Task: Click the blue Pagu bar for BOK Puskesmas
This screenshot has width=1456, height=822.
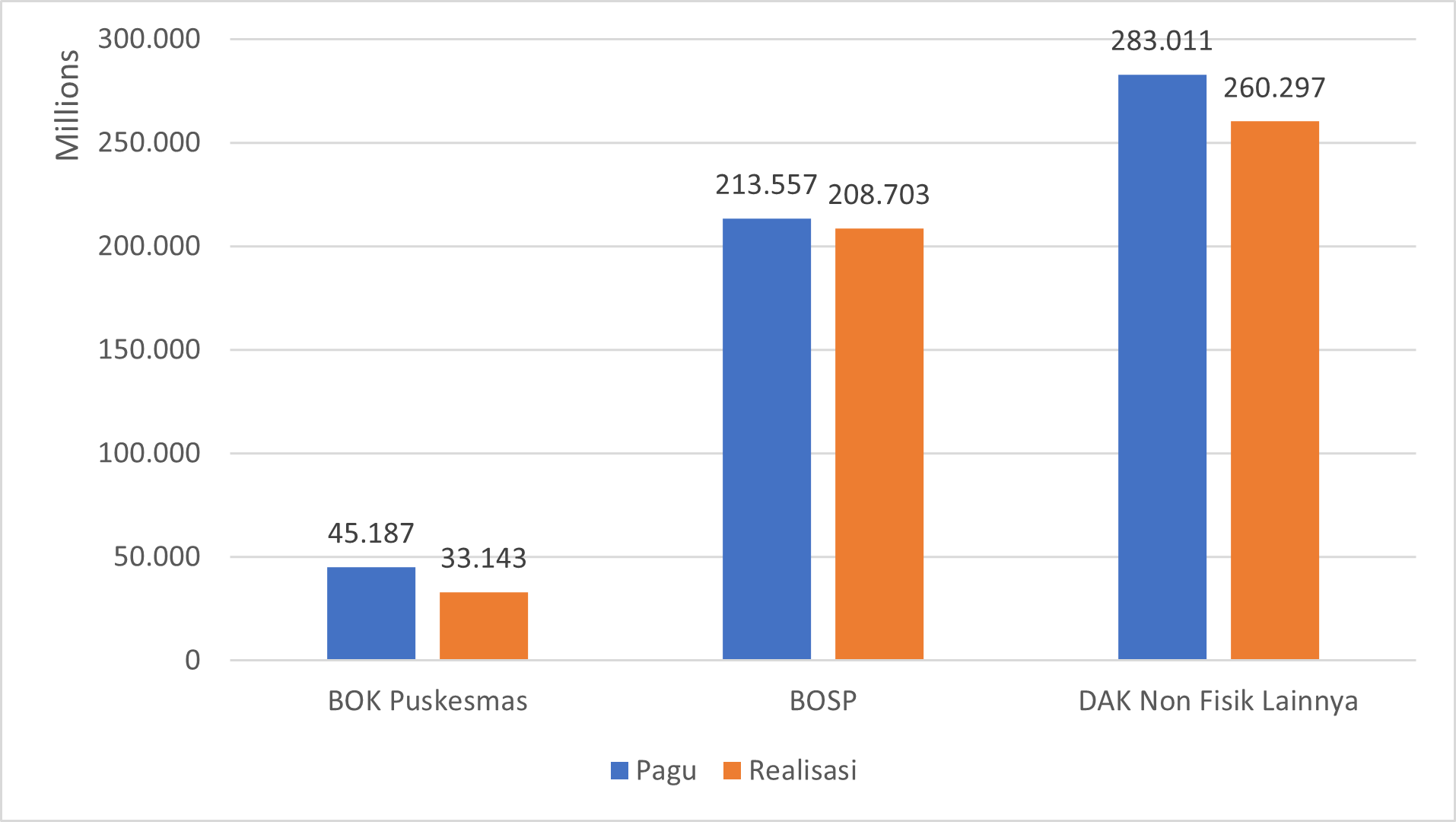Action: click(x=371, y=613)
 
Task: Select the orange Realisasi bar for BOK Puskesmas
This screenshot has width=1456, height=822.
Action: click(x=484, y=626)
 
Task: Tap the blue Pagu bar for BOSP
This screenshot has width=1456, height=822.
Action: click(x=767, y=438)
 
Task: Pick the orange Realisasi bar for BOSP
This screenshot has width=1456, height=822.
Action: click(x=879, y=444)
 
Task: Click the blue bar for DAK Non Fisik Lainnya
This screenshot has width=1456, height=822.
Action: click(x=1162, y=367)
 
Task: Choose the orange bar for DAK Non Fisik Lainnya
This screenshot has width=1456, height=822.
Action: click(x=1275, y=390)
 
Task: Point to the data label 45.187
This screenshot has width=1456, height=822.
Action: click(x=371, y=534)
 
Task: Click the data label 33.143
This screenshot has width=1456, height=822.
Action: click(x=484, y=559)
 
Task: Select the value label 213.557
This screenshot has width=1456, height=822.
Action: click(x=766, y=185)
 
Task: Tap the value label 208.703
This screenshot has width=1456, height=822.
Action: click(x=879, y=195)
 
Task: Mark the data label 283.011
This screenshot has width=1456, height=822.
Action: click(x=1162, y=41)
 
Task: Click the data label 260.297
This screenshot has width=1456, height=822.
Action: click(x=1274, y=88)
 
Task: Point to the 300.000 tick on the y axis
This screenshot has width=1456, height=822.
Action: click(x=149, y=39)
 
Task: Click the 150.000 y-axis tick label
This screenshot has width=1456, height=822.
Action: click(x=149, y=349)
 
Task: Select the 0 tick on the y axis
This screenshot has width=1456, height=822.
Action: click(x=192, y=660)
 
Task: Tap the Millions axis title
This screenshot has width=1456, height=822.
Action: click(x=67, y=105)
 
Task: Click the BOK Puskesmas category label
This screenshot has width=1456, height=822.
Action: click(x=428, y=701)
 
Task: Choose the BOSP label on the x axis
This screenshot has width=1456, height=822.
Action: click(x=823, y=701)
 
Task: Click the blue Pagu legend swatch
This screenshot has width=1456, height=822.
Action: click(x=619, y=771)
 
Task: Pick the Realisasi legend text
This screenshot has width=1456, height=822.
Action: click(x=803, y=770)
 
